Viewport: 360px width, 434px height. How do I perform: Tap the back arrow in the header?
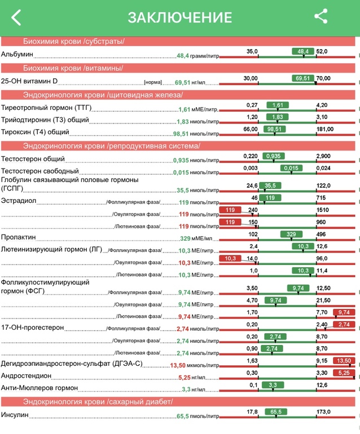pos(16,17)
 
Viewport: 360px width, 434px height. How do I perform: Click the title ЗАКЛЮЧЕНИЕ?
pos(179,17)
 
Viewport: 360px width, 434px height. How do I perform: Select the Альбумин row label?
pos(17,55)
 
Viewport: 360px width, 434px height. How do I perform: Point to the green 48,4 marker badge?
pos(303,51)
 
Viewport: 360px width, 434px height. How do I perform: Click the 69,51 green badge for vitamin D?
pos(303,78)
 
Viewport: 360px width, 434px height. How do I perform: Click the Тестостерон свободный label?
pos(39,171)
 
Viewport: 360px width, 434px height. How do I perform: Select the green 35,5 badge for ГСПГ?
pos(270,185)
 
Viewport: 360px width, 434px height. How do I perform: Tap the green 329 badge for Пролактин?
pos(291,234)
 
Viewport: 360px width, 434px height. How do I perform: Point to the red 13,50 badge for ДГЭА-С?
pos(344,360)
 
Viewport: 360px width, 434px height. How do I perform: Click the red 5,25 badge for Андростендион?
pos(344,373)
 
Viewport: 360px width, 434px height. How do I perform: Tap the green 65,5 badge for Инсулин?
pos(276,412)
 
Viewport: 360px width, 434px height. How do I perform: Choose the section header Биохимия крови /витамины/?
pos(73,68)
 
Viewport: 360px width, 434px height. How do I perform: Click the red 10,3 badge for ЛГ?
pos(230,259)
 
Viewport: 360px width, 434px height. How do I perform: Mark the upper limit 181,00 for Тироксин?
pos(326,129)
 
